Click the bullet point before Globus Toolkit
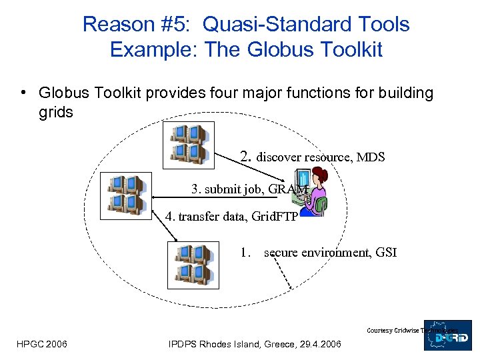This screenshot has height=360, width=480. click(x=23, y=93)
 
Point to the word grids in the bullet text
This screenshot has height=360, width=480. click(x=56, y=112)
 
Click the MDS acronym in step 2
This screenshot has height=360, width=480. click(x=372, y=158)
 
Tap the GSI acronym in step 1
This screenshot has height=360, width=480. click(x=386, y=253)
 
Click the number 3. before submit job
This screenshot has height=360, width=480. click(x=197, y=189)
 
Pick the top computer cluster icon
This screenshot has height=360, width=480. click(x=189, y=145)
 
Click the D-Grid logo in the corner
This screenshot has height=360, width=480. click(x=448, y=335)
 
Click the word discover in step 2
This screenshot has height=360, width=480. click(x=279, y=158)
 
